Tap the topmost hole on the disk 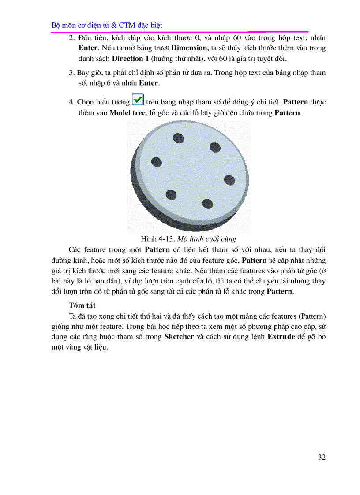pyautogui.click(x=179, y=138)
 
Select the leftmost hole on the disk pyautogui.click(x=157, y=162)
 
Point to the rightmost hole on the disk pyautogui.click(x=229, y=180)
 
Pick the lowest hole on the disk pyautogui.click(x=207, y=203)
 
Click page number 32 pyautogui.click(x=322, y=457)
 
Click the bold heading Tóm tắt pyautogui.click(x=82, y=305)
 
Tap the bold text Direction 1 pyautogui.click(x=131, y=58)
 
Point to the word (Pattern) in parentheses pyautogui.click(x=312, y=316)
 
